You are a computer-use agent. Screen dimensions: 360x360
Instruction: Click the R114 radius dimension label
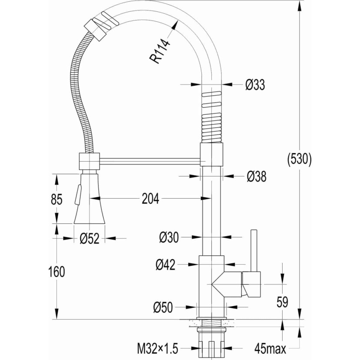160,51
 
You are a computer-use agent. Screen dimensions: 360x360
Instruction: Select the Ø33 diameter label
255,84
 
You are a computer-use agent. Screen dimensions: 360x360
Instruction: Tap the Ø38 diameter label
257,177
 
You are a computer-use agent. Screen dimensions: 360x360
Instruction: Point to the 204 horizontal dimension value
150,199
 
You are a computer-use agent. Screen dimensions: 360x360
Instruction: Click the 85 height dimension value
57,199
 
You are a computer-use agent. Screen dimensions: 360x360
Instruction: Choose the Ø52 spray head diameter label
90,238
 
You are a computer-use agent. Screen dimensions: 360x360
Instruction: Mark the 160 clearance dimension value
57,272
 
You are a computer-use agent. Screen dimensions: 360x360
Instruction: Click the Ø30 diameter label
169,237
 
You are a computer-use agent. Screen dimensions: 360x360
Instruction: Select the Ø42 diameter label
166,264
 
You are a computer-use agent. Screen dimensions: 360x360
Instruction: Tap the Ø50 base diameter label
163,307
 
